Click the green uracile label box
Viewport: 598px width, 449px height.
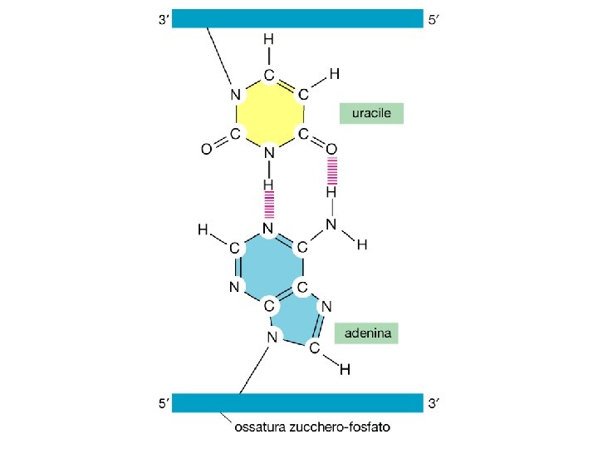click(x=370, y=113)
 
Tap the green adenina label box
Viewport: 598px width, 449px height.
click(x=366, y=333)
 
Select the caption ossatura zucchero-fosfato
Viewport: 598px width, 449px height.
click(x=311, y=429)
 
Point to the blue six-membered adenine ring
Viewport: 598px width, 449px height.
click(x=268, y=266)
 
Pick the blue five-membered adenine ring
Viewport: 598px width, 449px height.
click(x=297, y=320)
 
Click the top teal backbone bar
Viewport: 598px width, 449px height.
click(x=297, y=18)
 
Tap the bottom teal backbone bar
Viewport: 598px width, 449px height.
click(x=297, y=403)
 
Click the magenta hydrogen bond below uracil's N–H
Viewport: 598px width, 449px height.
click(x=269, y=203)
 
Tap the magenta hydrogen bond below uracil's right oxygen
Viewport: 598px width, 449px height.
click(x=331, y=172)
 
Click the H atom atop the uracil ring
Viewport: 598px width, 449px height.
click(x=268, y=39)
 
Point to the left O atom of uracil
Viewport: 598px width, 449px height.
click(x=206, y=150)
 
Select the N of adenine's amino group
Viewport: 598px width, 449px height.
click(x=331, y=224)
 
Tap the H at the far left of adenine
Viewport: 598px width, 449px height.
click(x=202, y=229)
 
